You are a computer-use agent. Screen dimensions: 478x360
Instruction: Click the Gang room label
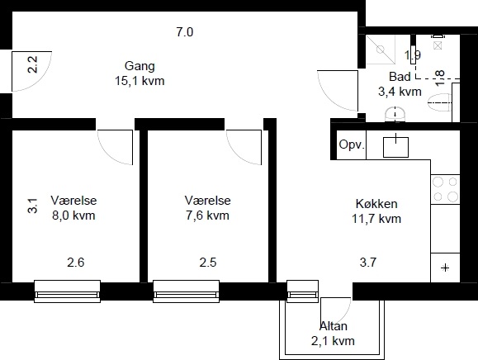tap(140, 66)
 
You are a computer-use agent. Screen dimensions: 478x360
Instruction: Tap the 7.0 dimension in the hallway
tap(185, 32)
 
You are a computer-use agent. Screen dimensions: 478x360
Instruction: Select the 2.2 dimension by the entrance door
tap(32, 64)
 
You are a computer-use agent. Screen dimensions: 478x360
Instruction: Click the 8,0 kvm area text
tap(73, 216)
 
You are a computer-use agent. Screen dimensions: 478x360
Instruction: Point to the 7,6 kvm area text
tap(207, 216)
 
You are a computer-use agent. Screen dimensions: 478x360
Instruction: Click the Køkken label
tap(376, 204)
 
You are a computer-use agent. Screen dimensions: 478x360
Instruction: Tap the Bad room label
tap(400, 77)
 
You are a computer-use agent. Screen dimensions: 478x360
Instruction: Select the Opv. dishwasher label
tap(352, 144)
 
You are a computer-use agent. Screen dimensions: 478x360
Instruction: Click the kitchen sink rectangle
tap(395, 147)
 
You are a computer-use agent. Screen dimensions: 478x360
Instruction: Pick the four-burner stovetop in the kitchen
tap(445, 189)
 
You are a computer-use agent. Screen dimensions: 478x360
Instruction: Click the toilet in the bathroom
tap(439, 102)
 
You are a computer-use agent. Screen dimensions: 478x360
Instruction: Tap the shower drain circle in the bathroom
tap(381, 50)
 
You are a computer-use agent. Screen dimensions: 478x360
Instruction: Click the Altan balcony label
tap(334, 326)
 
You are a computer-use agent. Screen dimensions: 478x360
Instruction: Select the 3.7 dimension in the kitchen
tap(368, 262)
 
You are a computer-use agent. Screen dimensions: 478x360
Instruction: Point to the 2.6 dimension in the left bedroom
tap(76, 262)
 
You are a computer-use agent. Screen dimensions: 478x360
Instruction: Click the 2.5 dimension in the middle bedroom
tap(208, 262)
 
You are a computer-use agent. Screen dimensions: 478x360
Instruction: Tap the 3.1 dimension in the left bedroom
tap(32, 206)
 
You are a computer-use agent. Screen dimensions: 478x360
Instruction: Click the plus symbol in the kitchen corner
tap(445, 268)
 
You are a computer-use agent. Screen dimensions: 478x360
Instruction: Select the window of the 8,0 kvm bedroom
tap(67, 291)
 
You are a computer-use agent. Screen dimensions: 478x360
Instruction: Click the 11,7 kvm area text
tap(376, 219)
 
